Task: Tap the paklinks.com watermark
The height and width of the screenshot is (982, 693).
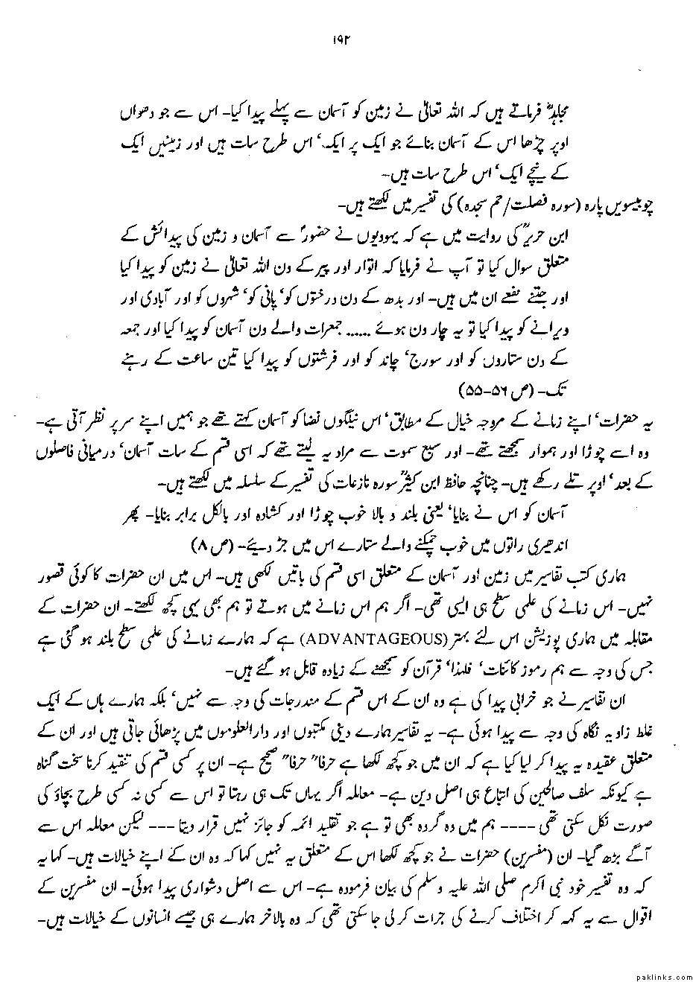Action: [660, 975]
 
